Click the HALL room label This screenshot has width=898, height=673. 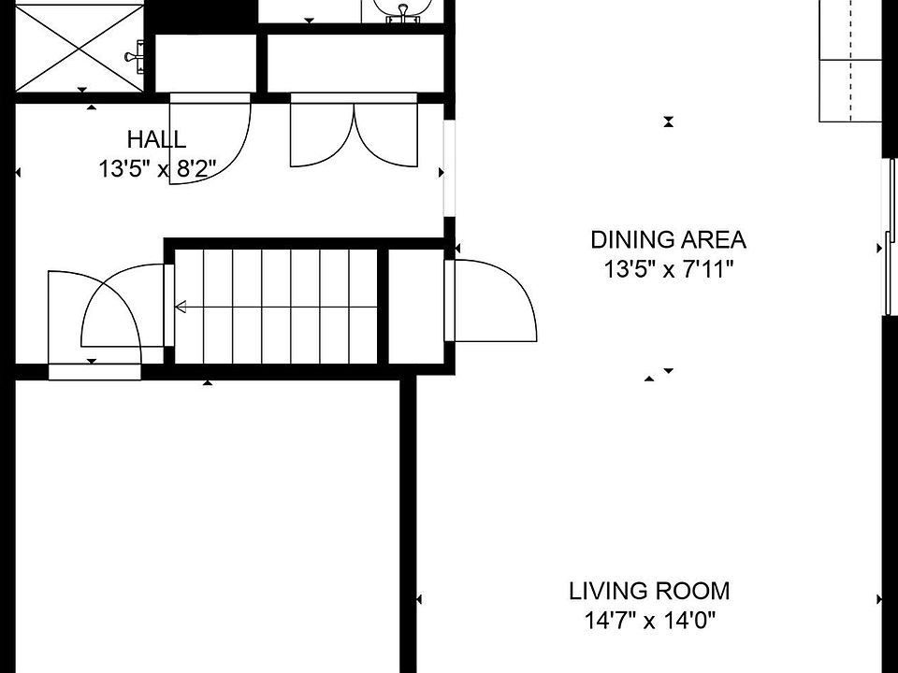coord(156,139)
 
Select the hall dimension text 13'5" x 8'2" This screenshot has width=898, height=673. coord(157,169)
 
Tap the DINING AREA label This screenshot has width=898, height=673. coord(668,240)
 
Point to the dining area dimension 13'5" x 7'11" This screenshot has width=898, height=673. coord(668,268)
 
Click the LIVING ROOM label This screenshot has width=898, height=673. coord(649,591)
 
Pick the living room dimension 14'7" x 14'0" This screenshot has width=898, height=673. coord(650,620)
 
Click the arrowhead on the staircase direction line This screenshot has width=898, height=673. coord(181,308)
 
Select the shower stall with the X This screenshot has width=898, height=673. coord(79,48)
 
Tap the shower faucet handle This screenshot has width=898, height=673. coord(135,56)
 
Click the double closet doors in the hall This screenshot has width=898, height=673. coord(354,131)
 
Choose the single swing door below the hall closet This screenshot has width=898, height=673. coord(210,138)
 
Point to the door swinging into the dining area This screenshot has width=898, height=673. coord(491,301)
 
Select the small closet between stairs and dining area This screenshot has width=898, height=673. coord(416,307)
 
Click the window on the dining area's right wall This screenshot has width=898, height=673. coord(891,236)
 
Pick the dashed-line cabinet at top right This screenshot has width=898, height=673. coord(850,61)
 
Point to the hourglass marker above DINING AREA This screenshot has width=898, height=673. coord(668,122)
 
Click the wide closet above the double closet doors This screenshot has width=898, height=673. coord(355,63)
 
